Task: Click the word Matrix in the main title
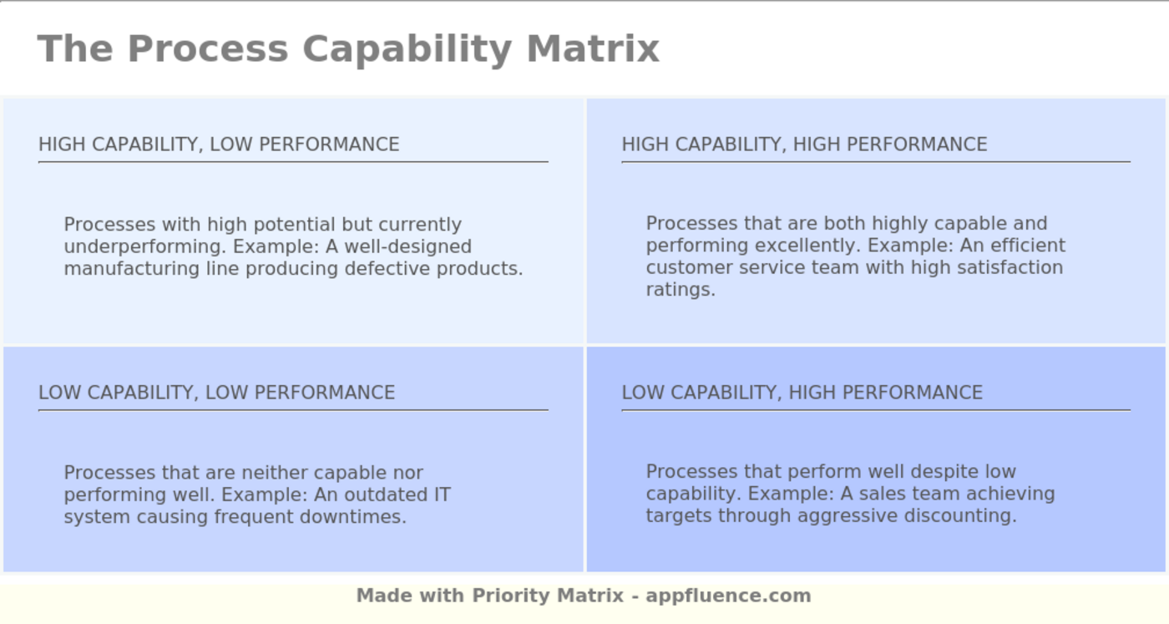tap(593, 48)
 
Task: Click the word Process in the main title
tap(208, 48)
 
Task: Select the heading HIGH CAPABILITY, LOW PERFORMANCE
tap(219, 145)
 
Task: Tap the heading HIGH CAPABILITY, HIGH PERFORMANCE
tap(804, 145)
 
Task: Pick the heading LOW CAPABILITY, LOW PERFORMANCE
tap(216, 393)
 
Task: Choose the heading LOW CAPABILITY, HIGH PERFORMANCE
tap(802, 393)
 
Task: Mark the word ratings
tap(681, 290)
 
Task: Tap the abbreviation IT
tap(442, 495)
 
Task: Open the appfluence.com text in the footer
tap(728, 596)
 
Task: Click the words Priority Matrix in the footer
tap(548, 596)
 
